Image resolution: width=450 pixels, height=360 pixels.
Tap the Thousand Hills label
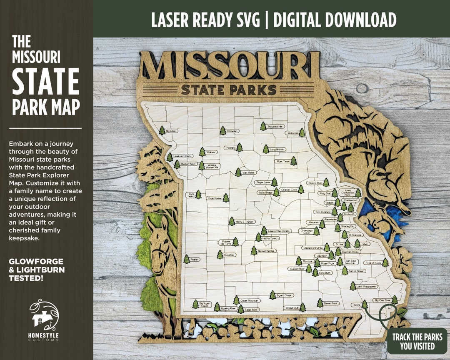pos(275,126)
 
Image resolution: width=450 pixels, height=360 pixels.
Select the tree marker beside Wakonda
pos(302,132)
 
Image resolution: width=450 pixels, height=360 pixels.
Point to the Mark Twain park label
pos(282,161)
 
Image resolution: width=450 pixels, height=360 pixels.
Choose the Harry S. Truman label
pos(245,222)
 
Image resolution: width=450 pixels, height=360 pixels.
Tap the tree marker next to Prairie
pos(186,259)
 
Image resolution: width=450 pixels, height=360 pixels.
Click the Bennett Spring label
pos(266,251)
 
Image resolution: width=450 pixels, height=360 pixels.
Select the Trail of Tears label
pos(373,263)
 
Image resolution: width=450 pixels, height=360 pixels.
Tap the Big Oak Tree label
pos(382,300)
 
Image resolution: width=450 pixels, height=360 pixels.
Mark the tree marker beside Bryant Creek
pos(272,295)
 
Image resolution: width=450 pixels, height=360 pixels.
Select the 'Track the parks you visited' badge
pos(417,341)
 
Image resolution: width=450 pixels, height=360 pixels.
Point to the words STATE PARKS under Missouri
pos(229,90)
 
